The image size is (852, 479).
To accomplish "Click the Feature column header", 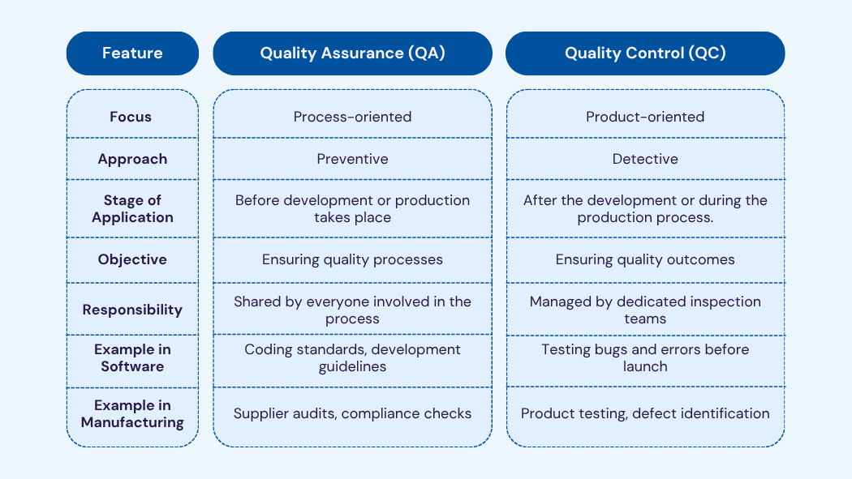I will tap(132, 53).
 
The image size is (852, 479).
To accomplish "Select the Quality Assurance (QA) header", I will tap(352, 53).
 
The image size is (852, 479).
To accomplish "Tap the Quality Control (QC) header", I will tap(645, 53).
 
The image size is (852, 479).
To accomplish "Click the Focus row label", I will tap(131, 117).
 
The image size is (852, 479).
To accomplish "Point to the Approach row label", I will tap(132, 159).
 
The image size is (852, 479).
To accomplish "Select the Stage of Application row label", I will tap(132, 208).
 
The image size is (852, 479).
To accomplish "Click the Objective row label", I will tap(132, 259).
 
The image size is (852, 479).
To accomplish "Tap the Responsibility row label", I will tap(132, 310).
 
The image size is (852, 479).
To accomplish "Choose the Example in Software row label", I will tap(132, 357).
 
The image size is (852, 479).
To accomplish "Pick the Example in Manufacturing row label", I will tap(132, 413).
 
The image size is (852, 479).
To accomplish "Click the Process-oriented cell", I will tap(352, 117).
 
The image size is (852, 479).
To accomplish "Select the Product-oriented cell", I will tap(645, 117).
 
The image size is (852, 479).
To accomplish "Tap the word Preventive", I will tap(352, 159).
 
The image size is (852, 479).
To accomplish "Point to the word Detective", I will tap(645, 159).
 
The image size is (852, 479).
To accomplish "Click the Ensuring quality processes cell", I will tap(352, 259).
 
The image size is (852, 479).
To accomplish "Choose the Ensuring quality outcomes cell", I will tap(645, 259).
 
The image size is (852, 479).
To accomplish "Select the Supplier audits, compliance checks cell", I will tap(352, 413).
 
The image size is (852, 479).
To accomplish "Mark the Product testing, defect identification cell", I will tap(645, 413).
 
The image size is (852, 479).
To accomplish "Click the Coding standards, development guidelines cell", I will tap(352, 357).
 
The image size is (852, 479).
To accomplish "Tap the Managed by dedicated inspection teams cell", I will tap(645, 310).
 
